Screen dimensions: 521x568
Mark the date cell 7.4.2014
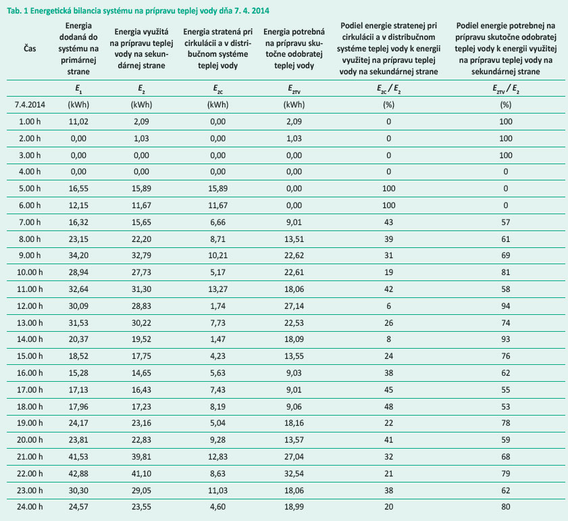[28, 105]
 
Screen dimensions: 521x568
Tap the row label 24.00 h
[28, 505]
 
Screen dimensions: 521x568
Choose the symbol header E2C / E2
[388, 89]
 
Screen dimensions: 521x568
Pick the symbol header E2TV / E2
[506, 89]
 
